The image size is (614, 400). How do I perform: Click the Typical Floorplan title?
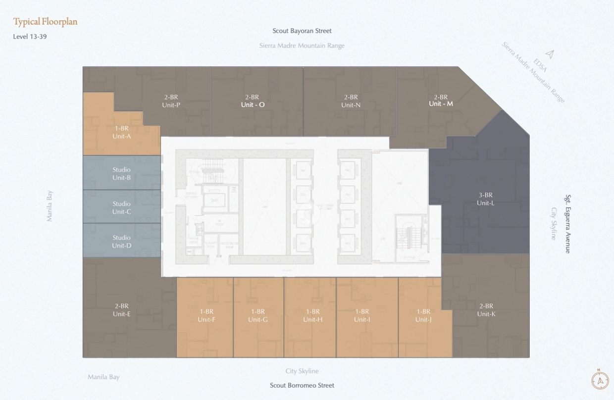click(x=45, y=22)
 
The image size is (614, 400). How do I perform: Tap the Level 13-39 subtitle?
click(x=30, y=37)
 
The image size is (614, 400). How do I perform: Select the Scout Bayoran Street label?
click(x=302, y=31)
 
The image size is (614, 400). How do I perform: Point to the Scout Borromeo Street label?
click(x=302, y=385)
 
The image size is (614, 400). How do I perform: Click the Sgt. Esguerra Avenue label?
click(x=568, y=224)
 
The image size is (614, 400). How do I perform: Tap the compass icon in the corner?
click(x=600, y=380)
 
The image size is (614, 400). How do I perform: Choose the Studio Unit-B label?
click(x=121, y=174)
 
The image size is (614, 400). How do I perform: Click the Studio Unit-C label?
click(x=121, y=208)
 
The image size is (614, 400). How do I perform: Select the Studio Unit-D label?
click(x=121, y=242)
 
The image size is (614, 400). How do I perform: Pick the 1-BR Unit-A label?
click(x=121, y=132)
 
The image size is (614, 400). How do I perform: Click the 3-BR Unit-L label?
click(x=485, y=199)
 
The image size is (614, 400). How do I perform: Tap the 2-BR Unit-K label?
click(x=486, y=310)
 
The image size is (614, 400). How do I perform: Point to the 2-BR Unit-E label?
click(x=121, y=310)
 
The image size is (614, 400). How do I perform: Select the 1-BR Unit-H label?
click(x=312, y=315)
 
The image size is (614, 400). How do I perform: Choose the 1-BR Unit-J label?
click(x=423, y=315)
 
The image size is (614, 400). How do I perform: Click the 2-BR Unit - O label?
click(x=253, y=101)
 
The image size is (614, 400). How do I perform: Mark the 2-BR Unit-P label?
click(x=171, y=101)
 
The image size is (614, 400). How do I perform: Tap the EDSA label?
click(x=541, y=65)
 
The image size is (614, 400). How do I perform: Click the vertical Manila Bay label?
click(x=50, y=206)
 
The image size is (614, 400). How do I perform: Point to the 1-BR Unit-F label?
click(x=206, y=315)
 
